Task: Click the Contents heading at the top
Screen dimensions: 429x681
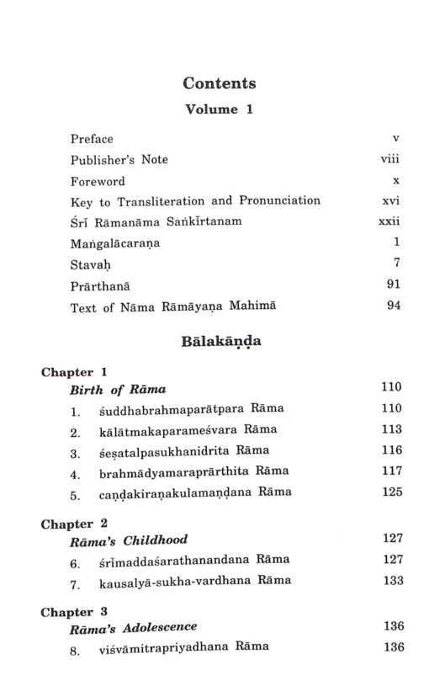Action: [x=219, y=83]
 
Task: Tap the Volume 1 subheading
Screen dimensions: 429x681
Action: [x=219, y=109]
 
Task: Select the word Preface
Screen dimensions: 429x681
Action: [x=92, y=138]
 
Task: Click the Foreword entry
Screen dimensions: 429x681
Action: [x=98, y=181]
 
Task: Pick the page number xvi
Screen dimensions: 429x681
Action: [x=389, y=201]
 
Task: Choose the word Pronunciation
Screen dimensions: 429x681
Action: [x=278, y=201]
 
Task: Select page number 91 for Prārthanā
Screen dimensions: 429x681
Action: [x=392, y=286]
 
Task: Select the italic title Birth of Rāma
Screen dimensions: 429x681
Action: [x=118, y=389]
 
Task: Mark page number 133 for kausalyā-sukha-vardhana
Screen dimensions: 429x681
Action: [x=392, y=581]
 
